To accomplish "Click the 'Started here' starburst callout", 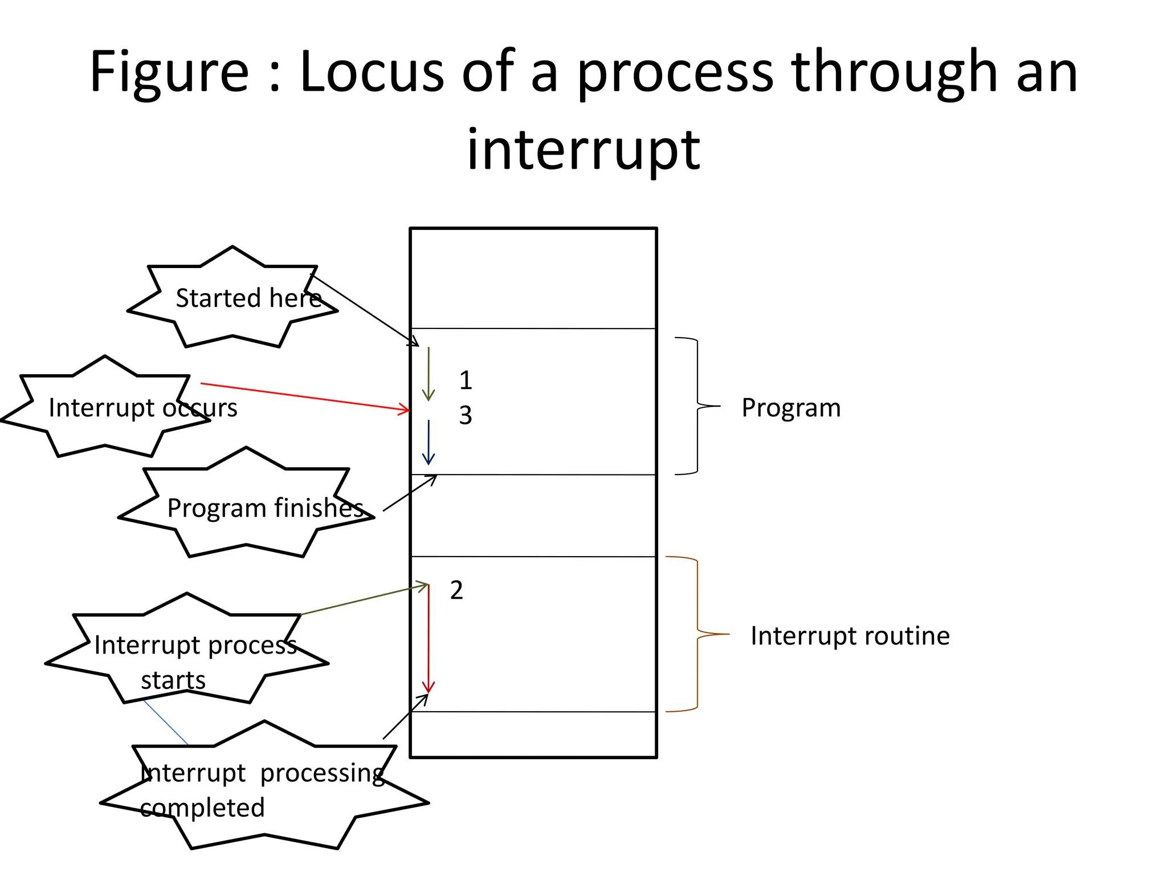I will (232, 298).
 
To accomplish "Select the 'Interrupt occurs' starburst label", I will (105, 407).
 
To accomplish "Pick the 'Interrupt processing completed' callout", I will (264, 790).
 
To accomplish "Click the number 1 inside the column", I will (466, 380).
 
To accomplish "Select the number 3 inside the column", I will (466, 415).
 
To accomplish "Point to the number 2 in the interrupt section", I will (456, 590).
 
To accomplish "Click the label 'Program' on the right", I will (791, 408).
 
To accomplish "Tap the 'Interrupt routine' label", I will (850, 636).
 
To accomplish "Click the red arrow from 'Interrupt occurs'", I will (305, 396).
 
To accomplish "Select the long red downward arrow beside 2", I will (429, 639).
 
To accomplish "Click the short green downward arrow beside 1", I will (429, 374).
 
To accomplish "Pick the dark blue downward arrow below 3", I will (429, 442).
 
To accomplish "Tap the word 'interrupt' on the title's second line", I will (583, 149).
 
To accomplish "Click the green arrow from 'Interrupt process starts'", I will (365, 599).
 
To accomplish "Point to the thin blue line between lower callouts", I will (165, 723).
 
